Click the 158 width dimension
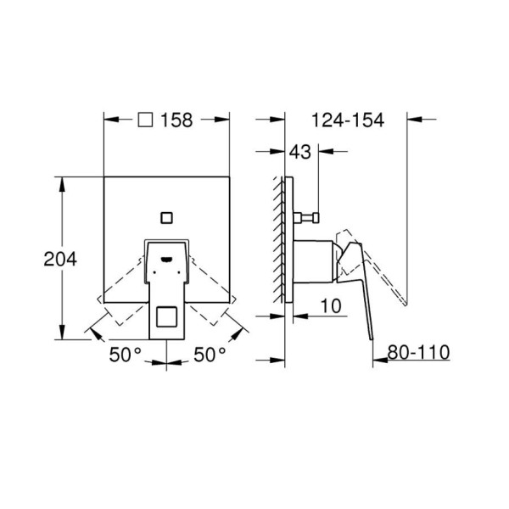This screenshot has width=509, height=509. [x=176, y=120]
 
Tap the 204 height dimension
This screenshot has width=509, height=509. [x=60, y=259]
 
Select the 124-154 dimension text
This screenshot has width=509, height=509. [x=348, y=120]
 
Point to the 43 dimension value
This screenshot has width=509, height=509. [x=300, y=152]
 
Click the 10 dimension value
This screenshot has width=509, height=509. [x=331, y=305]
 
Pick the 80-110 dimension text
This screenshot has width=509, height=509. [x=419, y=352]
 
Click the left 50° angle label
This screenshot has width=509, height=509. [x=126, y=354]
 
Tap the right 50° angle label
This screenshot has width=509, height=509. [x=210, y=354]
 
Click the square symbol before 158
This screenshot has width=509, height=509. [x=145, y=120]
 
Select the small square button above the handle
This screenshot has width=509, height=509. [x=166, y=217]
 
